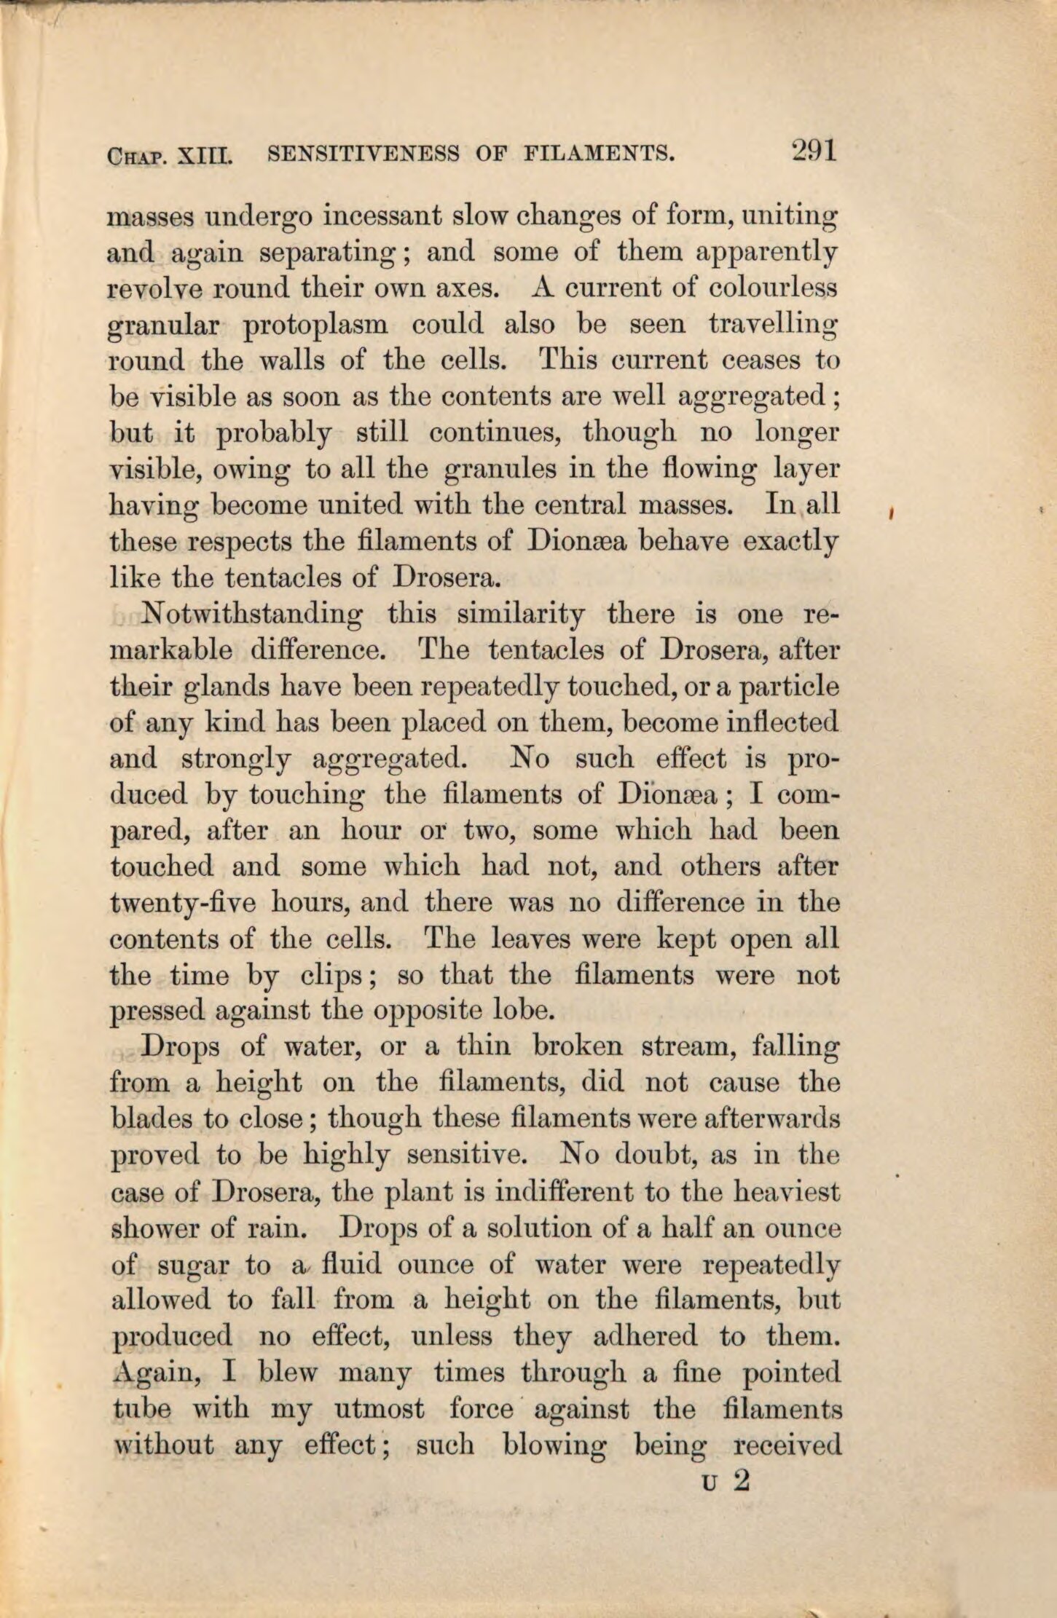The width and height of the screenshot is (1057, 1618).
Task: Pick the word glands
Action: pos(223,688)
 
